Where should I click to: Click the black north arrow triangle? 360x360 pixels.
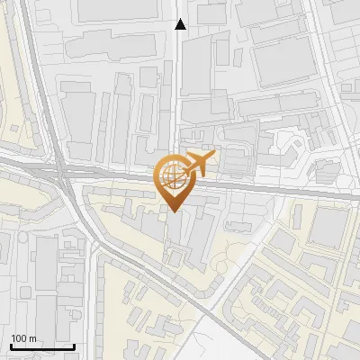[x=181, y=24]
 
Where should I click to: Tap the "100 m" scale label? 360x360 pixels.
[x=23, y=338]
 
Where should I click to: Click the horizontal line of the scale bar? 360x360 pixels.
[x=42, y=346]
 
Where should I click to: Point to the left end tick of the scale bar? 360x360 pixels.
[x=11, y=345]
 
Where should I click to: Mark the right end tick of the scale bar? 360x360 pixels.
[x=74, y=345]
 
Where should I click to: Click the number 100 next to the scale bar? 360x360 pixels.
[x=19, y=338]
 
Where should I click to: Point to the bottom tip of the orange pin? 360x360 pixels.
[x=172, y=212]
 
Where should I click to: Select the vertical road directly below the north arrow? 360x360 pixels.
[x=177, y=90]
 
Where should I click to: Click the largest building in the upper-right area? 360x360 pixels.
[x=283, y=63]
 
